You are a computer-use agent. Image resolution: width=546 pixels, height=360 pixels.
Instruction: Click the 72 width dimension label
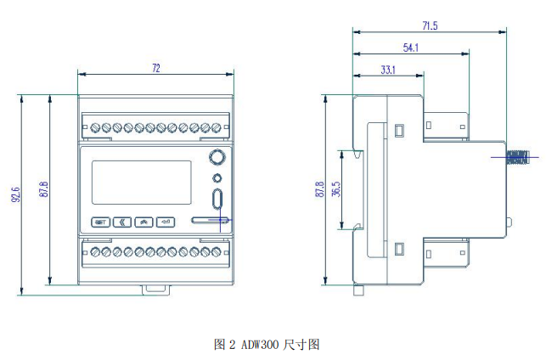[155, 67]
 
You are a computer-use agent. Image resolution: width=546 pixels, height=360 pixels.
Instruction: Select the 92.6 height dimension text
[16, 194]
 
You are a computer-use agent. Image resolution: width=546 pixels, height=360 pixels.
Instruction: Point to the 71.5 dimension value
[429, 26]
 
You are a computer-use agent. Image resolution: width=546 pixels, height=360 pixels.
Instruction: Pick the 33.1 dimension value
[388, 70]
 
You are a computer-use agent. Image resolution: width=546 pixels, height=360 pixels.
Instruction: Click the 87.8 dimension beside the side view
[320, 189]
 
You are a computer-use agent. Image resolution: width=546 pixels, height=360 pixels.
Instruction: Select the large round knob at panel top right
[217, 157]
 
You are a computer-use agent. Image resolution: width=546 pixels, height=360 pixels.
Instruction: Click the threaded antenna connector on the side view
[518, 156]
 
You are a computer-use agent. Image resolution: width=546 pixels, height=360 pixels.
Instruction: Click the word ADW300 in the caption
[260, 345]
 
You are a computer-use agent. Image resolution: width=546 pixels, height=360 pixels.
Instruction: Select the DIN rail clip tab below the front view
[155, 289]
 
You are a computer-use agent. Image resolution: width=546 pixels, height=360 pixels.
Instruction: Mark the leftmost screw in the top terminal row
[93, 128]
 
